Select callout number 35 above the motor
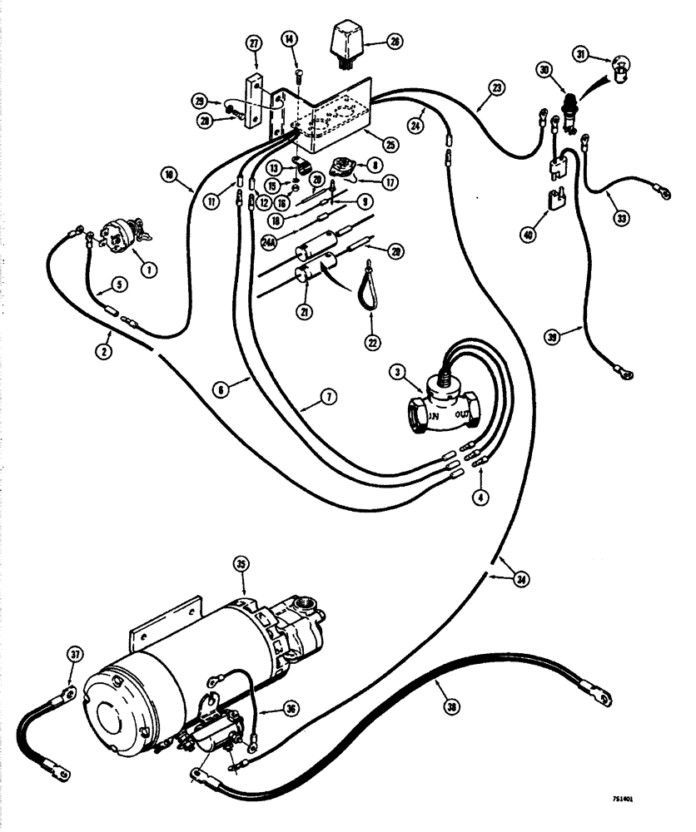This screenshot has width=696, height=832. (x=241, y=563)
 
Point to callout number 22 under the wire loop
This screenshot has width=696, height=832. (x=370, y=342)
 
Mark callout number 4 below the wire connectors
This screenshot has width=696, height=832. (x=480, y=498)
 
